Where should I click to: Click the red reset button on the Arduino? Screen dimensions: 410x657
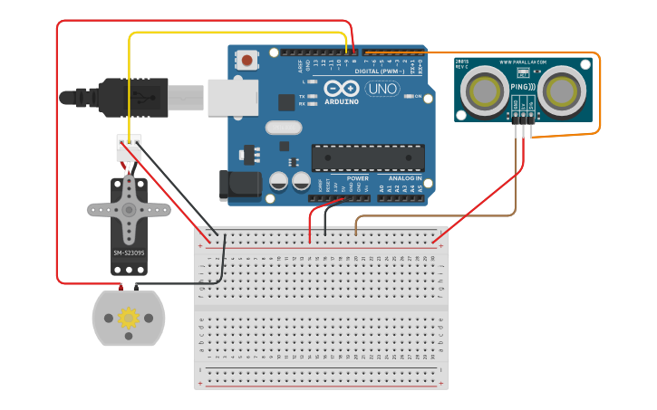pyautogui.click(x=246, y=61)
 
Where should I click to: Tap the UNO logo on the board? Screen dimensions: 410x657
pyautogui.click(x=382, y=89)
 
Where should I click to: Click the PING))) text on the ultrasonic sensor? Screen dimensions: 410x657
pyautogui.click(x=523, y=87)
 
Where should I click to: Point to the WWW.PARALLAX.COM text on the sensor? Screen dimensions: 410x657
pyautogui.click(x=524, y=62)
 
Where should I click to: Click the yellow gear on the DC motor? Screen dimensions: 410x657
pyautogui.click(x=128, y=318)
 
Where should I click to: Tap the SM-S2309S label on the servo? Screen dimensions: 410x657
pyautogui.click(x=129, y=253)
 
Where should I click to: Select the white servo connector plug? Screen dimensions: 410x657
pyautogui.click(x=129, y=148)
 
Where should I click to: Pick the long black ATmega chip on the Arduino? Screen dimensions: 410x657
pyautogui.click(x=367, y=157)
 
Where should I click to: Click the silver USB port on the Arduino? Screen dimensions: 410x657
pyautogui.click(x=233, y=97)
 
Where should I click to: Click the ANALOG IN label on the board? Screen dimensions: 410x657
pyautogui.click(x=405, y=178)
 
